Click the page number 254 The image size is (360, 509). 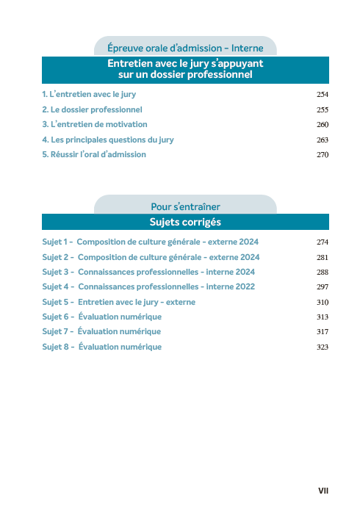[x=322, y=95]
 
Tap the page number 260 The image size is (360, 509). [x=322, y=125]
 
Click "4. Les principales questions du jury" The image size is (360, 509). [x=108, y=140]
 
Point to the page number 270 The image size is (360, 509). [x=322, y=155]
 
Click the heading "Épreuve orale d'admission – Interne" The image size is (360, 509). [x=185, y=48]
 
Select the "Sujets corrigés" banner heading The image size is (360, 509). [x=185, y=222]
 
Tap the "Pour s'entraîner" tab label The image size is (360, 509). [x=185, y=207]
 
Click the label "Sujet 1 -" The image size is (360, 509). [x=57, y=242]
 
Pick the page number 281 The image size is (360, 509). [x=322, y=258]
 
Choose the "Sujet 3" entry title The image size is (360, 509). [x=166, y=272]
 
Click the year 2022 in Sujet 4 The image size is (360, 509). [x=245, y=286]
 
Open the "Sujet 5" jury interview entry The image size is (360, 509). [x=137, y=302]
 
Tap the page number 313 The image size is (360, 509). [x=322, y=317]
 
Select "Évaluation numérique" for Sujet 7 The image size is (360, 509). [x=120, y=332]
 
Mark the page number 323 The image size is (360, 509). [x=322, y=347]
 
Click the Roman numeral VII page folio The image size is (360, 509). [x=323, y=490]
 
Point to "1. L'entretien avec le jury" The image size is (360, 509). [x=89, y=95]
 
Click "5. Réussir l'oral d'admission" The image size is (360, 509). [x=94, y=155]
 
